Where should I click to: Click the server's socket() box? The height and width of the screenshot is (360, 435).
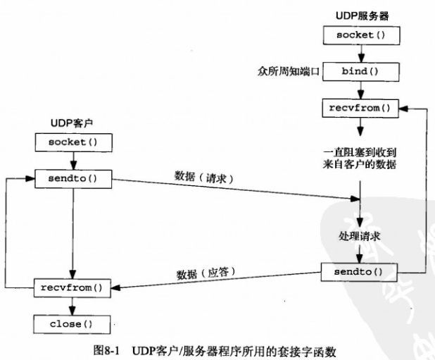[361, 34]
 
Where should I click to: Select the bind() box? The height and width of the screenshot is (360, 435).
[361, 71]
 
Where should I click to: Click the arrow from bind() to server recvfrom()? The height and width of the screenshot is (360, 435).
[361, 89]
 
